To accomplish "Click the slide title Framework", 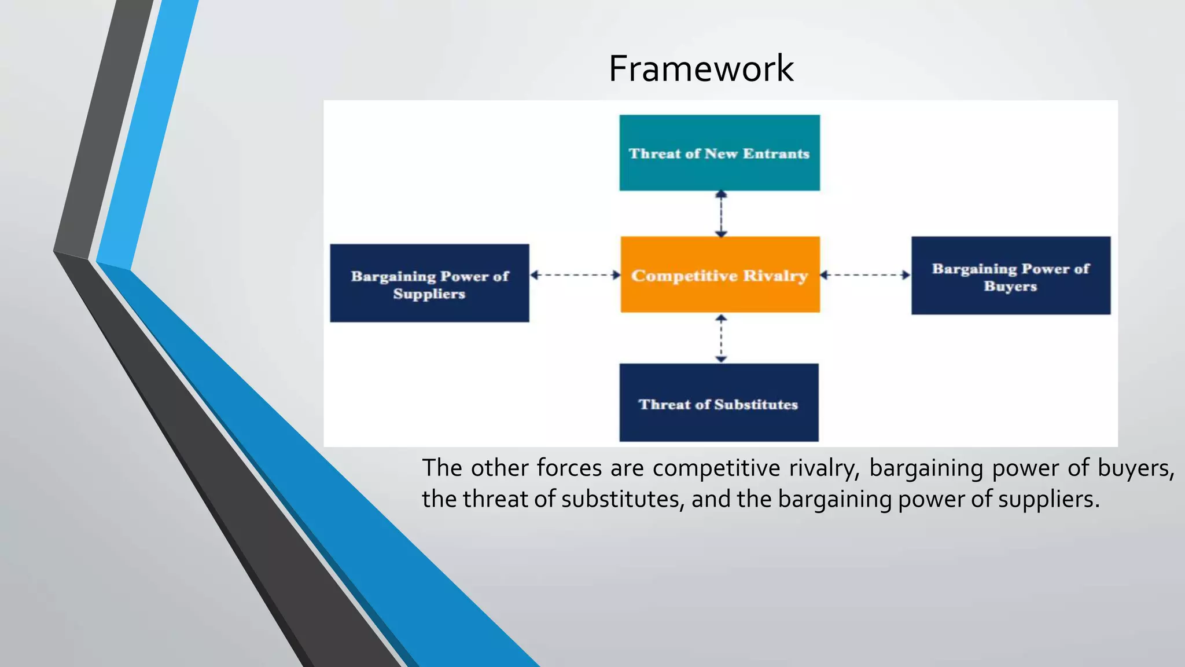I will click(701, 68).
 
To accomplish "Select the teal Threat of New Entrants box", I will click(719, 153).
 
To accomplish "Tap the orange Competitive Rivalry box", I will click(720, 274).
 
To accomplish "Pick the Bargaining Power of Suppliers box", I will click(429, 283).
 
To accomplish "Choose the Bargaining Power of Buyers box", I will click(1010, 276).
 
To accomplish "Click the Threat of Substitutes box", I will click(719, 403).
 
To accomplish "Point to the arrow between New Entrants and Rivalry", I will click(721, 214).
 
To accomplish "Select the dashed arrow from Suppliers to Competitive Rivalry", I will click(575, 275).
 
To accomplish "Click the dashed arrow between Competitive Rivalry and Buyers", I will click(866, 275).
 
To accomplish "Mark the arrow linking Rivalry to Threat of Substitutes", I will click(721, 339).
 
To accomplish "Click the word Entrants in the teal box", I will click(776, 153).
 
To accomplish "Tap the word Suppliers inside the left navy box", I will click(429, 294).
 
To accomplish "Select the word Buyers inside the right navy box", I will click(1010, 286).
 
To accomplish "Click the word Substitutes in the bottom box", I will click(756, 404).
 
